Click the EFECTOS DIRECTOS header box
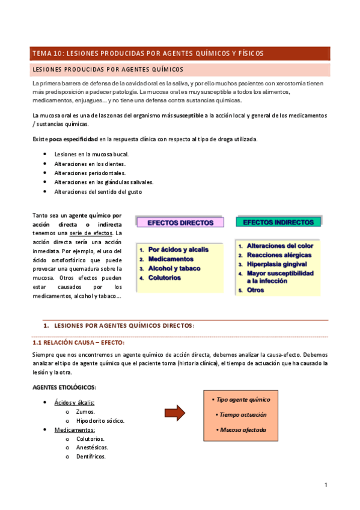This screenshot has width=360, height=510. [180, 223]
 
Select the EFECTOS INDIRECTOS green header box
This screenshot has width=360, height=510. [278, 222]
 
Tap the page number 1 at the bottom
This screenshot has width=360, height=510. [325, 485]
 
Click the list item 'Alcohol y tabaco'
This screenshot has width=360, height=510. [174, 268]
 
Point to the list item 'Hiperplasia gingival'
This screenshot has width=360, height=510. [276, 264]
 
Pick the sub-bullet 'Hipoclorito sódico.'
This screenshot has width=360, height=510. [100, 420]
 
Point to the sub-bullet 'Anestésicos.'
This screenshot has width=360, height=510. [92, 447]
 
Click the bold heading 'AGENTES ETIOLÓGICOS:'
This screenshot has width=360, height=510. [64, 387]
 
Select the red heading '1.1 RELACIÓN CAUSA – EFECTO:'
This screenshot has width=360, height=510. [78, 342]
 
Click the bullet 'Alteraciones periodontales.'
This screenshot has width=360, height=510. [90, 173]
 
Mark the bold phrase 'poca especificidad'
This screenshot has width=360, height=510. [73, 139]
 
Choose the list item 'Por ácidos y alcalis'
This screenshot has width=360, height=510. [178, 249]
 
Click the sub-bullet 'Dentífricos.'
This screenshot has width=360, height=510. [91, 456]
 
